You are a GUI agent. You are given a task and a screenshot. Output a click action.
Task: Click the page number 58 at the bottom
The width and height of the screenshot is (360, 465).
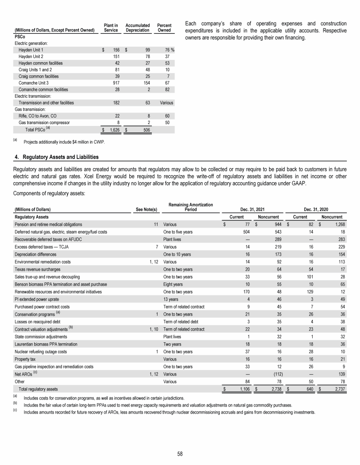180,453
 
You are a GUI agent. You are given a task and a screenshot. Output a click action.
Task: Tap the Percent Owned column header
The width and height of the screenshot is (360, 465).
164,27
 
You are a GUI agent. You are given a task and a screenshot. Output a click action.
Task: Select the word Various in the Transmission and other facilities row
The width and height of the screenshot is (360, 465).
166,103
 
